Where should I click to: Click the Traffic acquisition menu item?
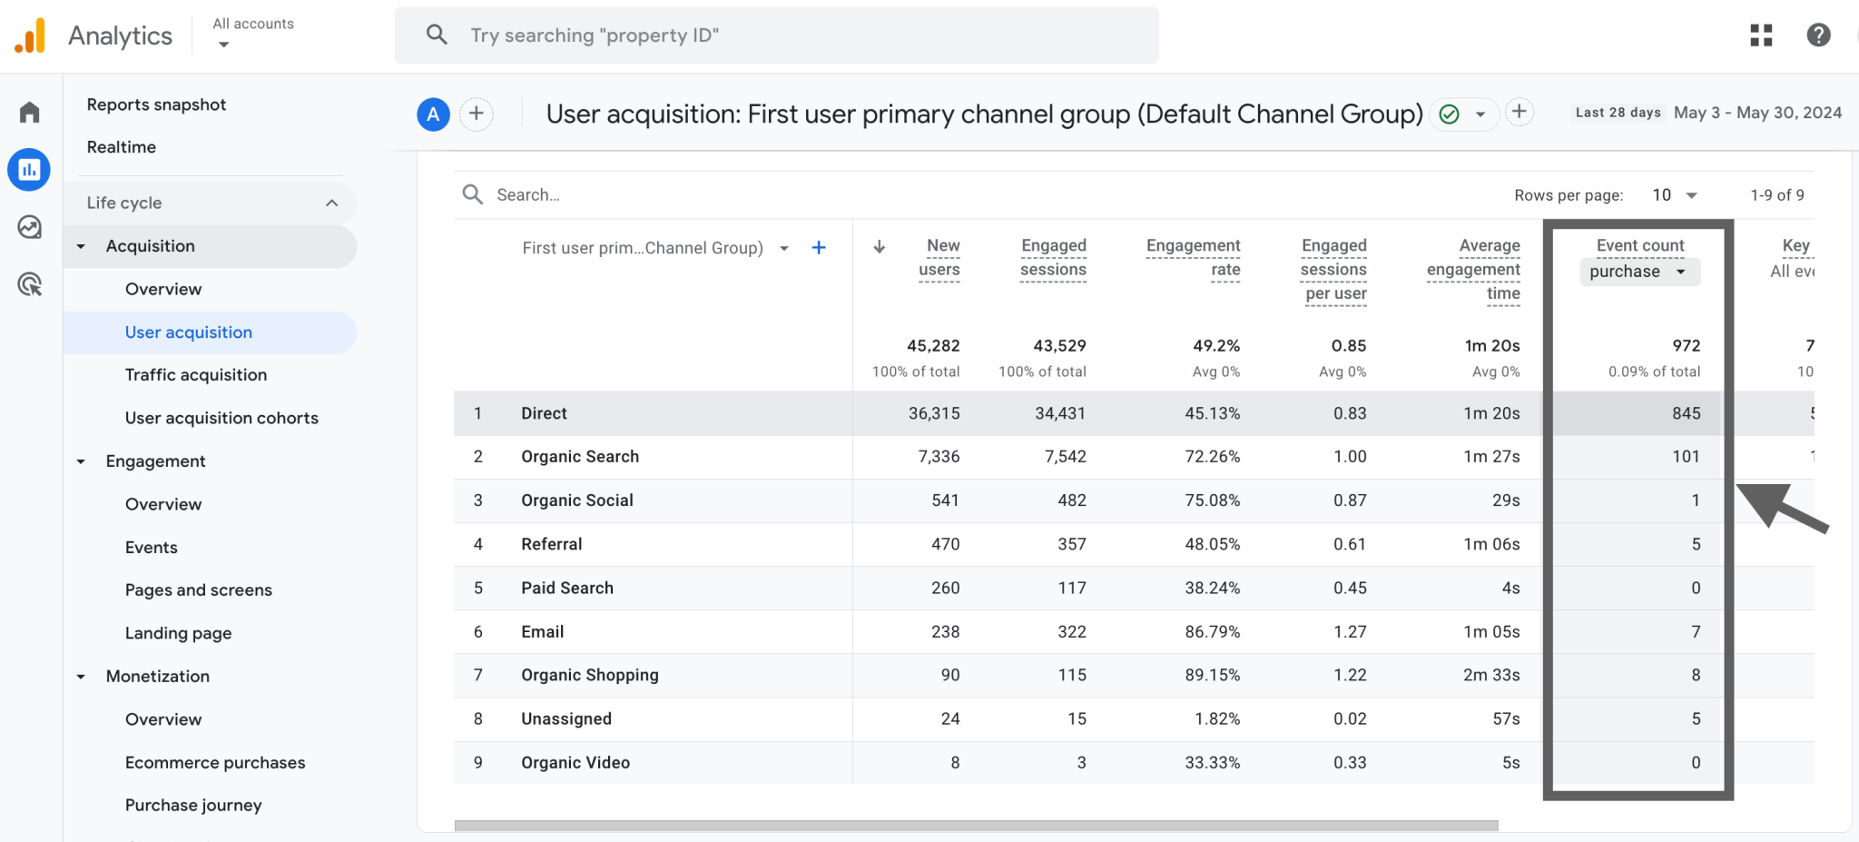195,375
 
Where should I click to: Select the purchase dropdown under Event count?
1638,272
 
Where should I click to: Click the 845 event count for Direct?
1686,413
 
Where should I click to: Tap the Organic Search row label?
579,457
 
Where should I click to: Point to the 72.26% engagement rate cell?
1211,457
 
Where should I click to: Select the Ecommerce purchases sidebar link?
214,763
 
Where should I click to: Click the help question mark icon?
1818,35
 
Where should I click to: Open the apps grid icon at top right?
1761,35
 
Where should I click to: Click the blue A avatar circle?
433,114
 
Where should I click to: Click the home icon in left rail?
30,113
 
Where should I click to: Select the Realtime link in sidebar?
121,147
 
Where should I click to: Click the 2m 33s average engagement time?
1490,675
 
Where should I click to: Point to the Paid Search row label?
566,588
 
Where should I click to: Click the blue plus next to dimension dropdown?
818,248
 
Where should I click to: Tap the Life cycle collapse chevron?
331,203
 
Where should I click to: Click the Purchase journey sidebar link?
192,806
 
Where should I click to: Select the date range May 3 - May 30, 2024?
1756,113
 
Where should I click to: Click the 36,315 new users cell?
933,413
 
